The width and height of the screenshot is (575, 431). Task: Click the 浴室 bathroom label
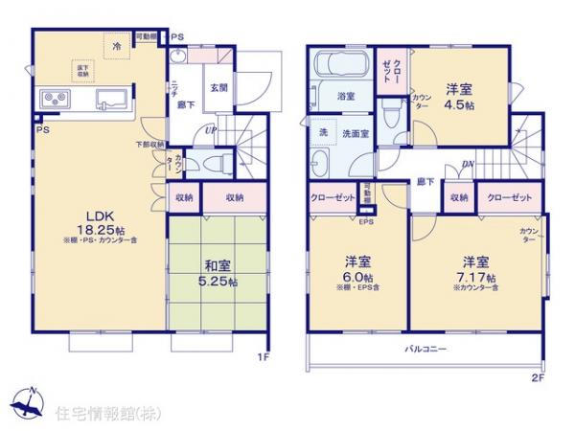[345, 97]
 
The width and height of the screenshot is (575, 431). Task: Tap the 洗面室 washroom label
[356, 134]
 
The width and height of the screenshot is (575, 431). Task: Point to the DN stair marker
[467, 164]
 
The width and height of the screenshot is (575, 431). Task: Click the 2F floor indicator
[538, 377]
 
